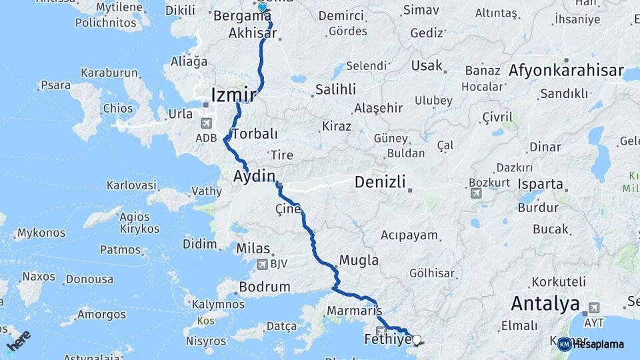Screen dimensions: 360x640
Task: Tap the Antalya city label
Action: [545, 305]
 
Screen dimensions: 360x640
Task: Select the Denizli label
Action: [380, 181]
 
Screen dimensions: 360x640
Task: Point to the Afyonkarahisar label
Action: [566, 70]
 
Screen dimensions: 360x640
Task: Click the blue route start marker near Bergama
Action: [263, 7]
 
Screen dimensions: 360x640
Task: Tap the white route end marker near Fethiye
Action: [417, 339]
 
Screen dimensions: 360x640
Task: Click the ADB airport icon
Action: [205, 123]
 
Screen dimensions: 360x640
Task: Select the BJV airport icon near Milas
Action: [262, 264]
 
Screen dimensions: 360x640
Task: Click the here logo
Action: [19, 339]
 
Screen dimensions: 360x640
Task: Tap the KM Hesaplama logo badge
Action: [565, 344]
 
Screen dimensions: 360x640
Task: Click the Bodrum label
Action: [265, 287]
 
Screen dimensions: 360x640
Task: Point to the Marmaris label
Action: [353, 311]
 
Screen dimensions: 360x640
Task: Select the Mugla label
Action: [359, 260]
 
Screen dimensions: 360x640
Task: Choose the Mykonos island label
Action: [41, 233]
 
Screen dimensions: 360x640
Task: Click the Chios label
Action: [117, 108]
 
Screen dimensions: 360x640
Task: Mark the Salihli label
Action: [335, 89]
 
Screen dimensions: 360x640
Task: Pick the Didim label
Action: [200, 244]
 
